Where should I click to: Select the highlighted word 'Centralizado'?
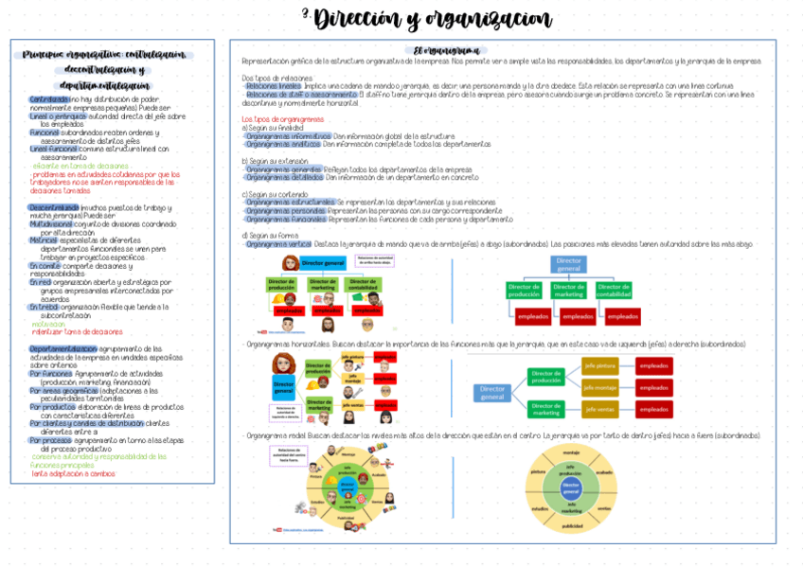48,98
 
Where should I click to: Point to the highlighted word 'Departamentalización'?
69,348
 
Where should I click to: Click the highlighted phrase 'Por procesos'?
50,440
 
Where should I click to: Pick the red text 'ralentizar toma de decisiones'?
77,331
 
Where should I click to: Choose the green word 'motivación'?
48,324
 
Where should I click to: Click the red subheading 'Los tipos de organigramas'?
283,118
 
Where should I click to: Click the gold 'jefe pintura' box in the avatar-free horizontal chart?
600,364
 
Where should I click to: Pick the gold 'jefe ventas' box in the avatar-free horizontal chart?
600,409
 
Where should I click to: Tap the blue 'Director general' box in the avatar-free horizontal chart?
493,391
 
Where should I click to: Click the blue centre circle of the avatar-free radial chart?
571,489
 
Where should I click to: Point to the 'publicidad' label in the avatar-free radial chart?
573,524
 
